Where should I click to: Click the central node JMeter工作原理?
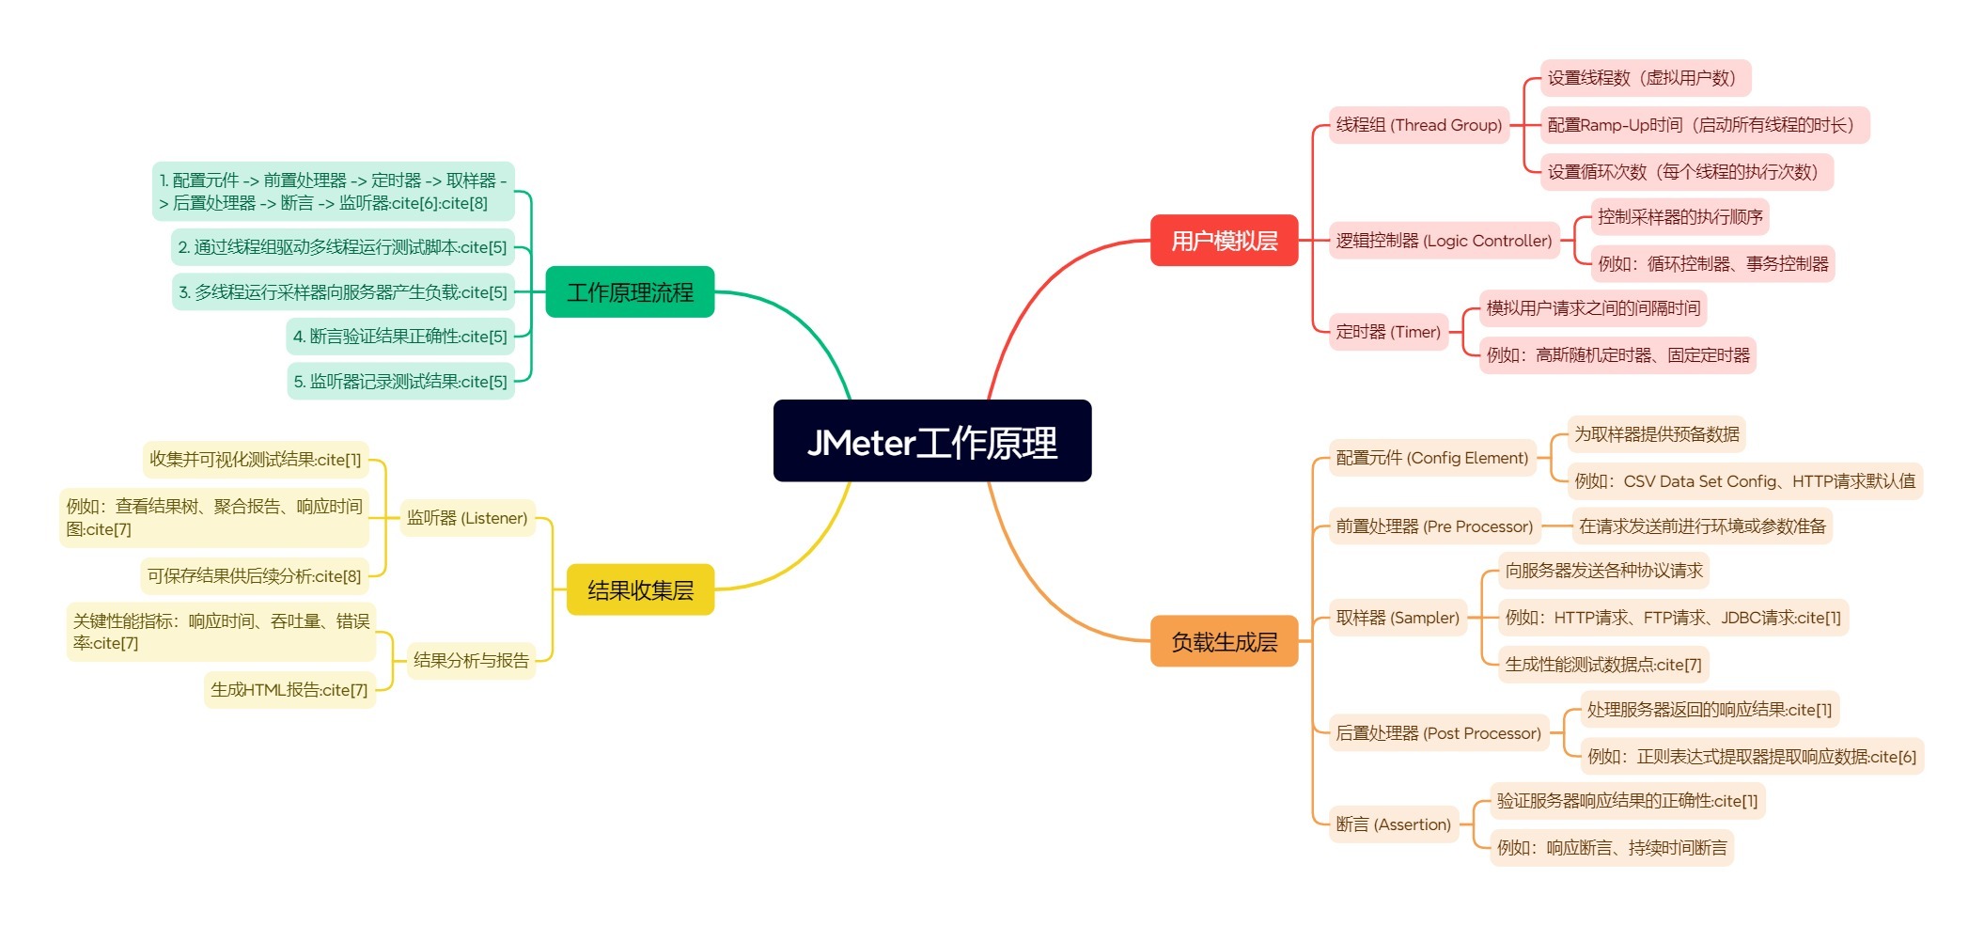(931, 441)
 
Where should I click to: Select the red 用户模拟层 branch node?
(1224, 241)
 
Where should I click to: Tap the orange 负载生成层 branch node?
(1224, 642)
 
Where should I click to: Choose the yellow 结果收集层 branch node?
(640, 590)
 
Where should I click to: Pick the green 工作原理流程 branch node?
(630, 292)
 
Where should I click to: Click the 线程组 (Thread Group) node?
(1418, 125)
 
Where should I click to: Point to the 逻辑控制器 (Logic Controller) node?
(1444, 241)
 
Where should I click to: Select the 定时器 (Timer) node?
(1388, 332)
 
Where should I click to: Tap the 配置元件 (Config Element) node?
(1431, 458)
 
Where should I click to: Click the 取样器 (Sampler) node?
(1398, 618)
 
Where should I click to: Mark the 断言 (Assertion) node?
(1393, 824)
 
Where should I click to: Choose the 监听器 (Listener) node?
(467, 518)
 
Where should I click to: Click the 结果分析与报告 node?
(471, 660)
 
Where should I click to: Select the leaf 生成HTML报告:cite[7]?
(289, 690)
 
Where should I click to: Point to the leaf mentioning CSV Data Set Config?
(1744, 481)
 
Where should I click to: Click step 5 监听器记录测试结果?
(400, 382)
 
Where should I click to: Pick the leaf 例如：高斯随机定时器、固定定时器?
(1617, 355)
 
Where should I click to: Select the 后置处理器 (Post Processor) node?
(1438, 733)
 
